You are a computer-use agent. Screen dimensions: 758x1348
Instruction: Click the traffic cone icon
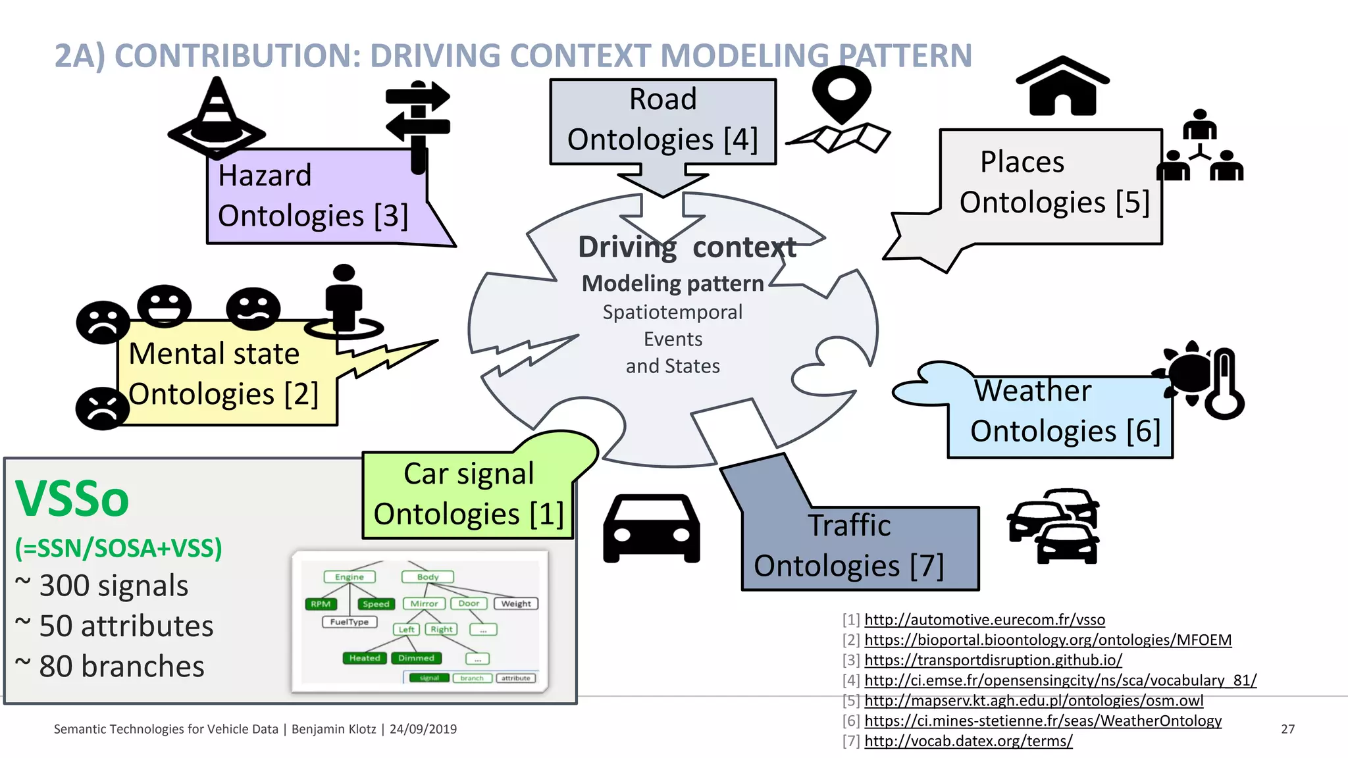tap(217, 118)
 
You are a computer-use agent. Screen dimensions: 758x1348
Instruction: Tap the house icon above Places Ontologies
tap(1062, 87)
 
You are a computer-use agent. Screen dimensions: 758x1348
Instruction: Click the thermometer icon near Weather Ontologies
tap(1224, 384)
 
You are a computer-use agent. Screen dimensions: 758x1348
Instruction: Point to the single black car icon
tap(651, 528)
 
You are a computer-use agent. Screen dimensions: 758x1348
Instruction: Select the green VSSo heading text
tap(72, 499)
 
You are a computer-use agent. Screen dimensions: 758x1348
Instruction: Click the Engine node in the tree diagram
tap(349, 577)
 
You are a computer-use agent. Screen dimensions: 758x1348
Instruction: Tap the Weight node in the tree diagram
tap(516, 603)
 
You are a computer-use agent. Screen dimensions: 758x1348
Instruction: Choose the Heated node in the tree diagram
tap(364, 658)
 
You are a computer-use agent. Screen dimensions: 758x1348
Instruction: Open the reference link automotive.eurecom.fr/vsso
tap(984, 620)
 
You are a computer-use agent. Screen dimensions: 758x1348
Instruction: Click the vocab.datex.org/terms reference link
tap(968, 741)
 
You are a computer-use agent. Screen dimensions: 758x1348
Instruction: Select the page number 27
tap(1287, 729)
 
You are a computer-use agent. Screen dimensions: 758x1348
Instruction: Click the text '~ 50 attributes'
tap(115, 626)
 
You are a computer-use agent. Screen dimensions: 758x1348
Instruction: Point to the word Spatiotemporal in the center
tap(672, 312)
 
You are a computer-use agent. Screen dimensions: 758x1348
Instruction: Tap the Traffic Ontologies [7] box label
tap(848, 546)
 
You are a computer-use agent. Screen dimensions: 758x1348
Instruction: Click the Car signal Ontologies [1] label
tap(468, 494)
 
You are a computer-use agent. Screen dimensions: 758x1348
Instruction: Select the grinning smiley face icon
tap(164, 306)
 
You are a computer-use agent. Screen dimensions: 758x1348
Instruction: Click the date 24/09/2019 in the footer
tap(423, 729)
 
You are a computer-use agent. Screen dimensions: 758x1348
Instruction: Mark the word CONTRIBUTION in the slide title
tap(238, 56)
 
